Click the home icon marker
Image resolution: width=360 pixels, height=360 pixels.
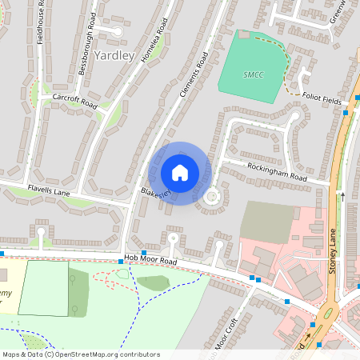[180, 173]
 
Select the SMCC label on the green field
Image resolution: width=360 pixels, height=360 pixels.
[253, 74]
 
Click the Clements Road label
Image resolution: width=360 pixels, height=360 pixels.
[194, 77]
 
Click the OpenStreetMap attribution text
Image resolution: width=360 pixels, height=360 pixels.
[70, 354]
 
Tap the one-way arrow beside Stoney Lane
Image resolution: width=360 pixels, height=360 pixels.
[343, 194]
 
